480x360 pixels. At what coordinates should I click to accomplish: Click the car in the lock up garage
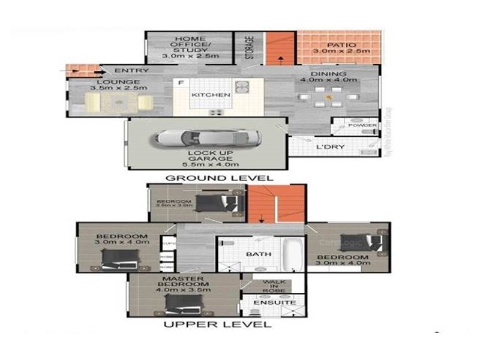[x=208, y=138]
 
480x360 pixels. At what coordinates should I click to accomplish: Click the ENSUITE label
[x=275, y=303]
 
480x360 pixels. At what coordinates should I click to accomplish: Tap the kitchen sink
[x=242, y=88]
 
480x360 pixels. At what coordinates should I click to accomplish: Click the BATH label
[x=259, y=254]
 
